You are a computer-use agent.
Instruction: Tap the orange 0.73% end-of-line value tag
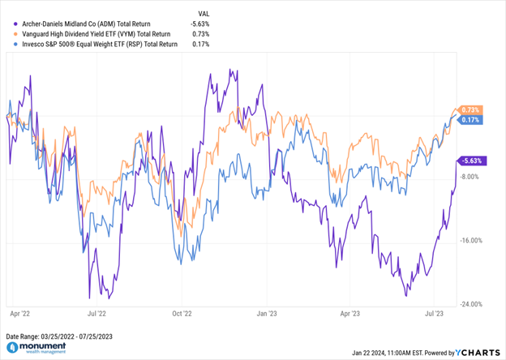(471, 109)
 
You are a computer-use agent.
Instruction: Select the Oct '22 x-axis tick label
(182, 311)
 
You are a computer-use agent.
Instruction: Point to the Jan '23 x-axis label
(267, 311)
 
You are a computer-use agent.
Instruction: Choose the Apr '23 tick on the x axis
(349, 311)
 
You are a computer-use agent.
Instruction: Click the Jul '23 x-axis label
(434, 311)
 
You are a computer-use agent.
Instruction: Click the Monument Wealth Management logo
(41, 349)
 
